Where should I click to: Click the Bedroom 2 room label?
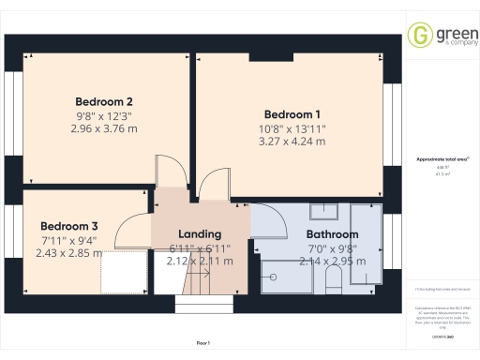pos(103,102)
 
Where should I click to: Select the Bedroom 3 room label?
pos(68,226)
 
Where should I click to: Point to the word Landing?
pos(200,233)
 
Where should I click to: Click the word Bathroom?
pos(332,233)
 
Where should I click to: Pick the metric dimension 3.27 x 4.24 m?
pos(292,142)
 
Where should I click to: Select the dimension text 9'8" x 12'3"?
pos(103,116)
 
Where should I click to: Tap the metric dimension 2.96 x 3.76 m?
pos(103,128)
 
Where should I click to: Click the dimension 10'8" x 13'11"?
pos(292,128)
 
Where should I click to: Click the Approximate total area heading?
pos(442,159)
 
